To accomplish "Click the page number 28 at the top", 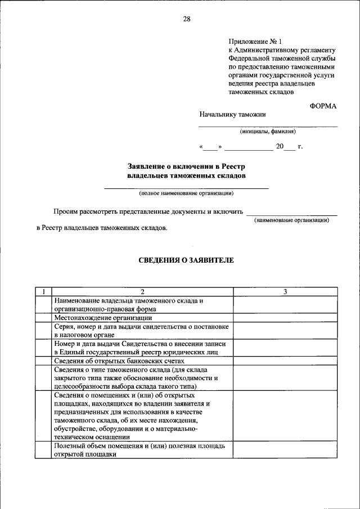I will coord(186,19).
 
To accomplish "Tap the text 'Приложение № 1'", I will coord(254,41).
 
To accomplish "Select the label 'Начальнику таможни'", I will coord(232,115).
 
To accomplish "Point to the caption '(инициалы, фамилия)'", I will coord(268,132).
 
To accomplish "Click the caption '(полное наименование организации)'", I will coord(186,193).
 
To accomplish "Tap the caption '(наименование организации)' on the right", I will coord(291,220).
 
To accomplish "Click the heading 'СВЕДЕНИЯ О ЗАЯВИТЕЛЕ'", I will coord(186,260).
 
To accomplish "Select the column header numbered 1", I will coord(43,291).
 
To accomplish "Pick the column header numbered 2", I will coord(142,291).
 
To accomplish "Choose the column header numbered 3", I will coord(285,291).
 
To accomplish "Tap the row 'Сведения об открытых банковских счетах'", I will coord(119,361).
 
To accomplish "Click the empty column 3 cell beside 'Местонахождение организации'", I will coord(285,318).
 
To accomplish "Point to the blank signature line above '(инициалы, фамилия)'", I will coord(268,126).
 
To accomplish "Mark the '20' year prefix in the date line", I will coord(280,147).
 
